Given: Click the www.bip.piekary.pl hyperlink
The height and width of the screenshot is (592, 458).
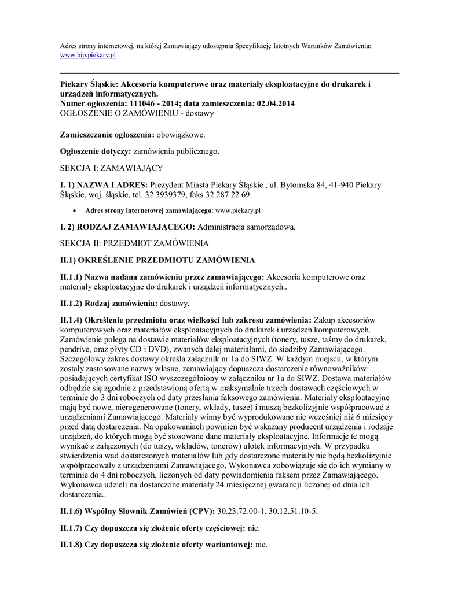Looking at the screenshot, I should click(x=89, y=55).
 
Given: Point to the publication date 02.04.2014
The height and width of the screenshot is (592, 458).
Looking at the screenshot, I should click(x=276, y=103).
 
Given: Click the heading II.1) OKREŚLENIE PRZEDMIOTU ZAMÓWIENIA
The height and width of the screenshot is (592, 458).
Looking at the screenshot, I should click(x=157, y=260).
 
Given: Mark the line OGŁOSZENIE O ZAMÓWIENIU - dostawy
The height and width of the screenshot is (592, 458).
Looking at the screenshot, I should click(x=137, y=113).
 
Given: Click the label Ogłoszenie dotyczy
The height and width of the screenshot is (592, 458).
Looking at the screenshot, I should click(x=96, y=151).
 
